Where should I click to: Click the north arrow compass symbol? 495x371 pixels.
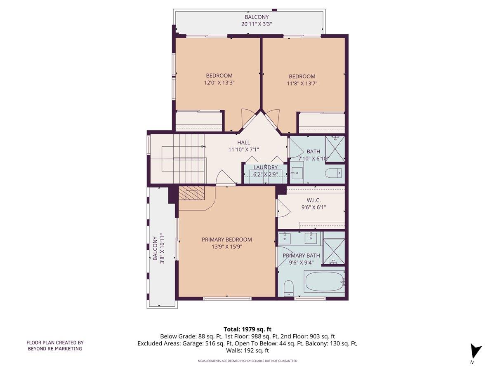(476, 352)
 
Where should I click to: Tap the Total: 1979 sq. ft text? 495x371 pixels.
(247, 329)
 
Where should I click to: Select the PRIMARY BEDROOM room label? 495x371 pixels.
(226, 240)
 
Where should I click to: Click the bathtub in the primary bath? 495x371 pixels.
(325, 282)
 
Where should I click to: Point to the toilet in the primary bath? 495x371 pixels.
(289, 288)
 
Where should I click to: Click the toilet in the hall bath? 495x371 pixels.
(333, 173)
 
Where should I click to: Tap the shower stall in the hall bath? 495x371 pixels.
(335, 148)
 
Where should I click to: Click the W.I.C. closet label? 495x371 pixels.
(313, 200)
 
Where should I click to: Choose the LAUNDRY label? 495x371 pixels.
(266, 167)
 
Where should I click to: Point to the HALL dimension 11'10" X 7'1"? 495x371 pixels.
(243, 150)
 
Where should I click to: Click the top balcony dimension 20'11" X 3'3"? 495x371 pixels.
(256, 24)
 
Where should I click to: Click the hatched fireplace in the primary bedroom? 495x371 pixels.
(192, 193)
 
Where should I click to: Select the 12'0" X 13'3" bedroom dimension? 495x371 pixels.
(219, 83)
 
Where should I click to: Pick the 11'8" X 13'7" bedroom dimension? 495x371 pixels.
(302, 84)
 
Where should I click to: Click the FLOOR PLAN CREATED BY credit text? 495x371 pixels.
(55, 342)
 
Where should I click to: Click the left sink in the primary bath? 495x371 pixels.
(284, 238)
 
